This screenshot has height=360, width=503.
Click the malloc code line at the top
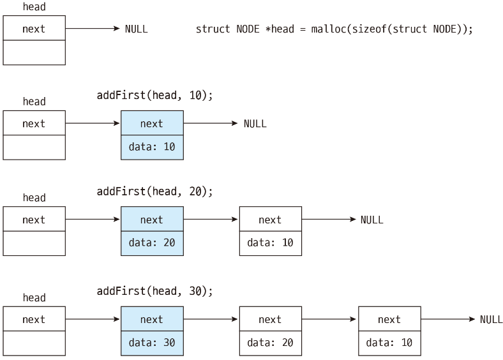point(334,29)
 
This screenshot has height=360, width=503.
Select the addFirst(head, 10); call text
point(154,95)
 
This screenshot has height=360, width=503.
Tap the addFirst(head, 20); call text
point(154,191)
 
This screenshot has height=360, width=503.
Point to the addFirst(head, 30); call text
point(154,291)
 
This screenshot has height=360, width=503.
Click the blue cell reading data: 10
point(152,147)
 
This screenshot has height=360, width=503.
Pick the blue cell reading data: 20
point(152,243)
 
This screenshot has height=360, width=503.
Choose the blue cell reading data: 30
point(152,343)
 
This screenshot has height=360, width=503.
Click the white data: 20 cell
point(271,343)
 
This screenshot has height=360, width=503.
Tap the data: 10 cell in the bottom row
point(389,343)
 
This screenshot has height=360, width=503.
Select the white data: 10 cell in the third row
point(271,243)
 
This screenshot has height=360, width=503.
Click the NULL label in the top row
point(137,29)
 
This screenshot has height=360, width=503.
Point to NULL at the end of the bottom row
point(491,319)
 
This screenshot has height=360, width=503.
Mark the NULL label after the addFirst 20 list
point(372,220)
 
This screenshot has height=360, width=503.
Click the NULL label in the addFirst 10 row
point(255,124)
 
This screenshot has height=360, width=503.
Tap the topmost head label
point(34,7)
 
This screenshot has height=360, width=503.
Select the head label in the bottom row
point(34,297)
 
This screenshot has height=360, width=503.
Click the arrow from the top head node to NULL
point(93,29)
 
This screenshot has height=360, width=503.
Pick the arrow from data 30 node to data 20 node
point(211,319)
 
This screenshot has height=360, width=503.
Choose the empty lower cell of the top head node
point(34,52)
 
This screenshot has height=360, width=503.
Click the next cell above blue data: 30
point(152,319)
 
